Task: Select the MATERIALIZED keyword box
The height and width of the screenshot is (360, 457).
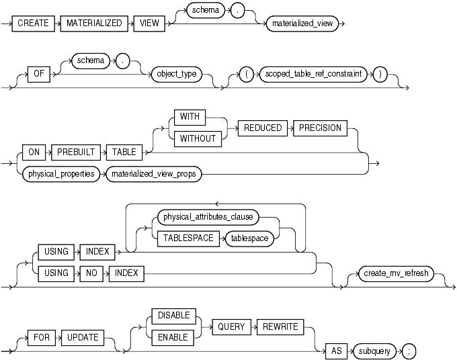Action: click(94, 23)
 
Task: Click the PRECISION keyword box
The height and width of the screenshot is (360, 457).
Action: click(319, 128)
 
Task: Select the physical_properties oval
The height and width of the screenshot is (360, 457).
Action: click(60, 174)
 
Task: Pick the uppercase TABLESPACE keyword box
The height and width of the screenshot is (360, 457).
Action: click(185, 238)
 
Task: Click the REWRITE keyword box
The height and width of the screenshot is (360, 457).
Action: click(278, 327)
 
